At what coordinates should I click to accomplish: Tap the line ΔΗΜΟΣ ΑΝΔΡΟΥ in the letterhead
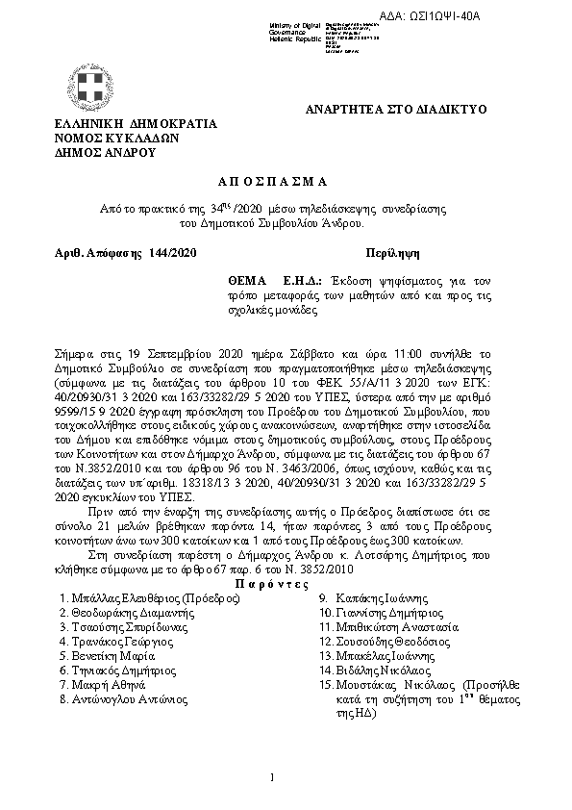[x=106, y=152]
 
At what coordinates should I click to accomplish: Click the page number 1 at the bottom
[x=273, y=776]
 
